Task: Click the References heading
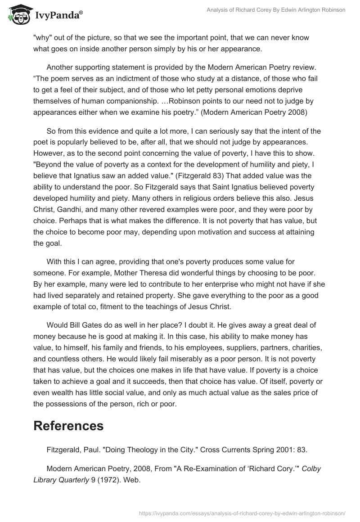tap(68, 426)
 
